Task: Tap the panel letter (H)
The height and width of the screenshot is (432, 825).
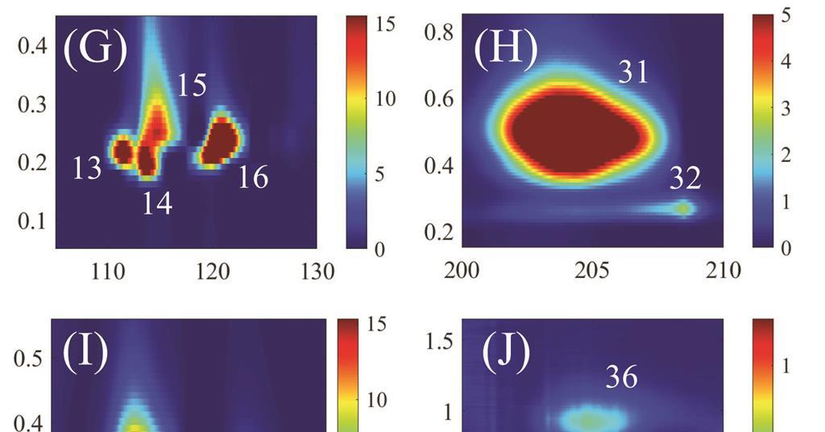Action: point(505,49)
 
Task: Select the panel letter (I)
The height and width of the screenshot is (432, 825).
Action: point(85,352)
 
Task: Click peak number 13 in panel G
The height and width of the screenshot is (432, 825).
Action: point(87,168)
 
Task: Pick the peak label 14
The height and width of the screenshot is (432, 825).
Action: point(157,204)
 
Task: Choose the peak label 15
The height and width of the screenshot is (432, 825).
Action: point(192,85)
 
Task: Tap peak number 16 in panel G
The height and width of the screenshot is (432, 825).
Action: point(253,177)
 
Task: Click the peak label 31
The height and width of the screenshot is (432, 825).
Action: point(634,73)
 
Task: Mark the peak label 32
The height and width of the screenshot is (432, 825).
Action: point(686,177)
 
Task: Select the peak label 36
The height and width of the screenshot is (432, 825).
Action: point(621,376)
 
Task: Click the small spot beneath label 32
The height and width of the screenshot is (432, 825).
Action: point(684,208)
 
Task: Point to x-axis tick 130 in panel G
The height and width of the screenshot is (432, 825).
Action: point(317,272)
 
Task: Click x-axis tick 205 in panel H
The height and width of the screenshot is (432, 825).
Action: point(593,271)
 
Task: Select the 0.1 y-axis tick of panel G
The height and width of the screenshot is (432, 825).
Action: point(33,221)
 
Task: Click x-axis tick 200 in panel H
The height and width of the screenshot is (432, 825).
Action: point(462,271)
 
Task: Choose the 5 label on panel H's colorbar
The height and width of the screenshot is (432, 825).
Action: point(786,15)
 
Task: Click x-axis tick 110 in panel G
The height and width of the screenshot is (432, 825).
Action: point(109,272)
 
